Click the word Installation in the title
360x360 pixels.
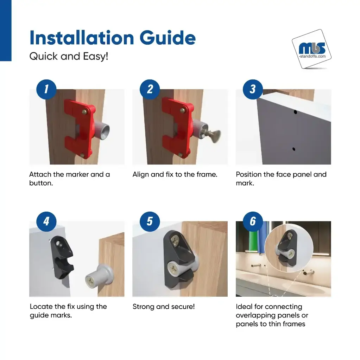(x=82, y=38)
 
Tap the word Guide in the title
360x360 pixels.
(x=168, y=38)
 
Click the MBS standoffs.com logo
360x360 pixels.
(x=311, y=49)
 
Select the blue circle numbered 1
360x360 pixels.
(x=46, y=89)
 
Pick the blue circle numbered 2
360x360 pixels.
(x=150, y=89)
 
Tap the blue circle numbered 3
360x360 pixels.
(x=253, y=89)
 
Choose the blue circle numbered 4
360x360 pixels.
(x=46, y=221)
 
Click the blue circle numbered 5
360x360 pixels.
(x=150, y=221)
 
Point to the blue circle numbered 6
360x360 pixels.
(x=253, y=221)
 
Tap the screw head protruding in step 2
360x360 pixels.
(x=213, y=136)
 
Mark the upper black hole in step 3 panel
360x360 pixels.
(x=295, y=112)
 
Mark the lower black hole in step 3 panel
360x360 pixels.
(x=294, y=149)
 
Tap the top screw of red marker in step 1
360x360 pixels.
(x=84, y=112)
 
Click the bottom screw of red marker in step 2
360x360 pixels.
(x=181, y=155)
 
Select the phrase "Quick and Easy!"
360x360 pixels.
(x=69, y=56)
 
